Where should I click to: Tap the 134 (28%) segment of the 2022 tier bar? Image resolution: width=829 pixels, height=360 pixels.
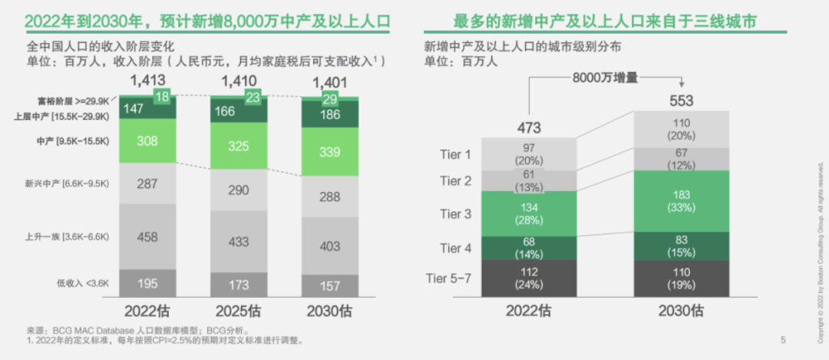pos(529,213)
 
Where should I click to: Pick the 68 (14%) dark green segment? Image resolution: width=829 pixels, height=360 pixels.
pos(529,248)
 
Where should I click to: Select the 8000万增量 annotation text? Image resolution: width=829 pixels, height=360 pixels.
pos(605,78)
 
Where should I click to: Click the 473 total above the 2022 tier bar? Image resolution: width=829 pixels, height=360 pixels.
pos(529,127)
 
